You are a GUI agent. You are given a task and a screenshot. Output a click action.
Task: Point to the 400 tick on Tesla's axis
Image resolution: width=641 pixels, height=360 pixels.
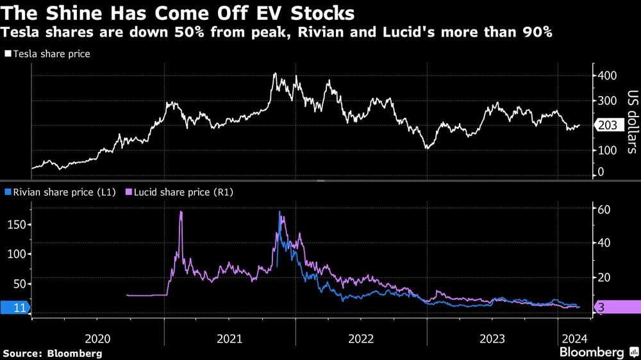608,76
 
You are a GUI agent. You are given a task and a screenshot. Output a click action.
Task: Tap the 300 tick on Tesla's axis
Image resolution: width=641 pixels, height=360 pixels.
608,101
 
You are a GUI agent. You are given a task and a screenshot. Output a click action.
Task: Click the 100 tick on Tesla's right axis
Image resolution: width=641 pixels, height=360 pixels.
608,150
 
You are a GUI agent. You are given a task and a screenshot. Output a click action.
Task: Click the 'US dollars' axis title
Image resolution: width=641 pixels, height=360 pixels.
631,126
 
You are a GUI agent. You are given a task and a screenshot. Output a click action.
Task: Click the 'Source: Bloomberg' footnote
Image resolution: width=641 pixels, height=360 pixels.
53,353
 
